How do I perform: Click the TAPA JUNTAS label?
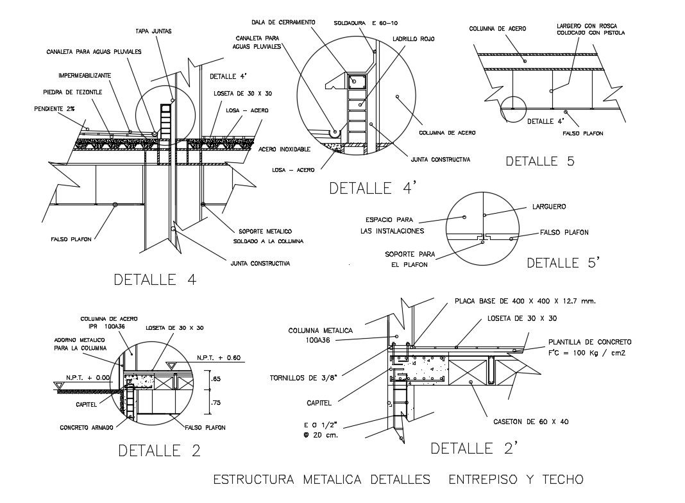click(153, 30)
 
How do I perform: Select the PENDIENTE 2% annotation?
click(53, 108)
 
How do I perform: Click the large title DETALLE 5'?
click(562, 262)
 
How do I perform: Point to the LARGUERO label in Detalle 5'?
click(549, 207)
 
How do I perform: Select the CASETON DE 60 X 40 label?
click(530, 422)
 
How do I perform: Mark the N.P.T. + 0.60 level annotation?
click(219, 357)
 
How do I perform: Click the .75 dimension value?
click(216, 403)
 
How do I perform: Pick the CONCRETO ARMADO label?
click(87, 427)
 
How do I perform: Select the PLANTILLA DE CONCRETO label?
click(589, 342)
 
